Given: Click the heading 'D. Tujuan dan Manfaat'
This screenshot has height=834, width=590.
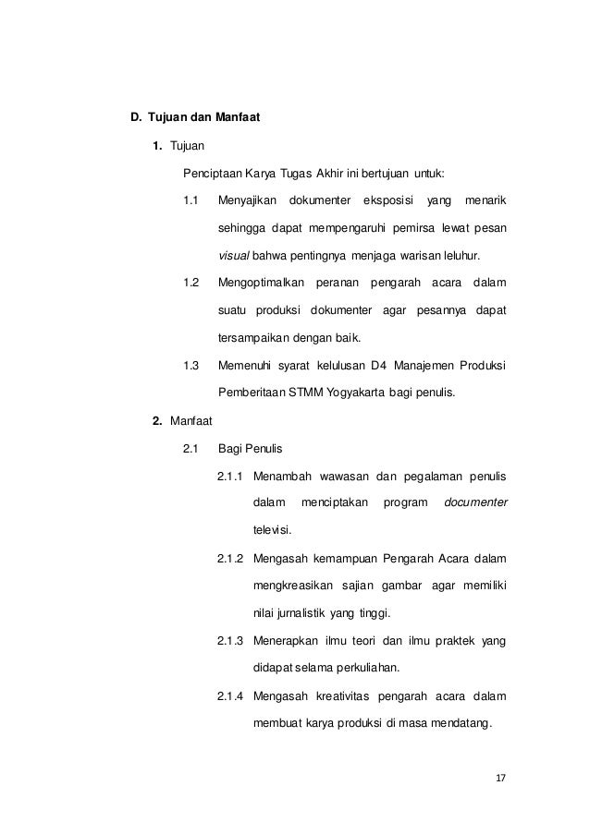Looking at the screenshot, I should pos(194,118).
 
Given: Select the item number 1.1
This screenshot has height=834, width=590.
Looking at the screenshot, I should pos(191,200).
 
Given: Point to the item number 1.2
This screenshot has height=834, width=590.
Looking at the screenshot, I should pos(191,282).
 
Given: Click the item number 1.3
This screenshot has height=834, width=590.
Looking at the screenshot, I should pos(191,365).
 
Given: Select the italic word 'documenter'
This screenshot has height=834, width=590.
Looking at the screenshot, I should pos(475,503).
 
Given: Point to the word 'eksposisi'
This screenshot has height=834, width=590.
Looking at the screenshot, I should pos(388,200).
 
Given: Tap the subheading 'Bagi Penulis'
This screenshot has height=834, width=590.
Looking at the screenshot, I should pos(250,449).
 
